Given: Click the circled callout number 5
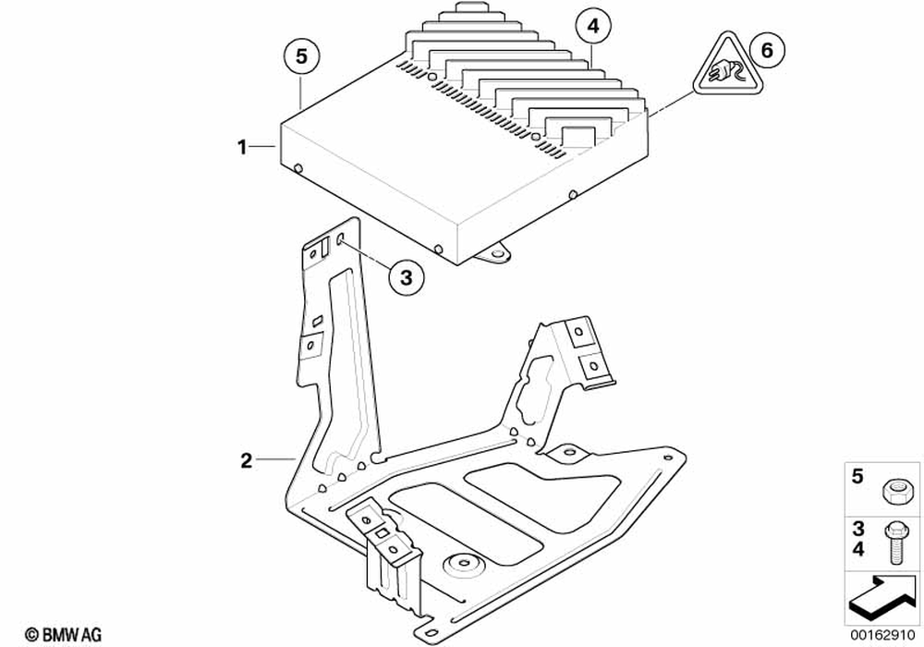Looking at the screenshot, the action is click(301, 56).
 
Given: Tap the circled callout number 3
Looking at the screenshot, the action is click(407, 276).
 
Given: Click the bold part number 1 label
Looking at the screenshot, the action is click(242, 146).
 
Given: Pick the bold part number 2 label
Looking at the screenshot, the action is click(246, 459).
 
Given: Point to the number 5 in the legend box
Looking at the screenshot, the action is click(856, 477).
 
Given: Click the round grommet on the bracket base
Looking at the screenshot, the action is click(465, 565).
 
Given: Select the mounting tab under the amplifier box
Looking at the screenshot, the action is click(500, 252).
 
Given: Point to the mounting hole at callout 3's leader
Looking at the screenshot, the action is click(341, 240).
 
